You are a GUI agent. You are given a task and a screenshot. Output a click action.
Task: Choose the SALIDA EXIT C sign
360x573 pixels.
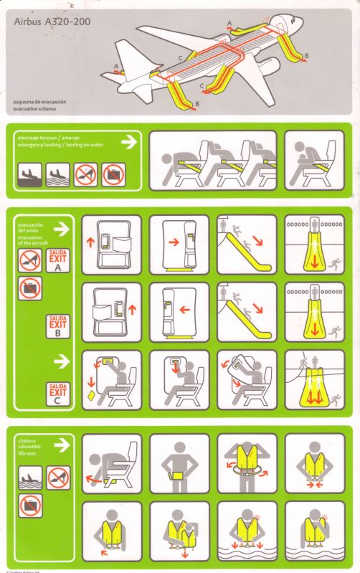pos(57,393)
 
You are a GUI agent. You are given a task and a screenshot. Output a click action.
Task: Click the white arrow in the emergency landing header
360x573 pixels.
pos(128,142)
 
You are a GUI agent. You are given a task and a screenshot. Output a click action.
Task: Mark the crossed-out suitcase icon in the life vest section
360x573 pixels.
pos(29,506)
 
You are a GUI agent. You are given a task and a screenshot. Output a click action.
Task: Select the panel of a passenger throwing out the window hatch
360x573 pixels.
pos(246,379)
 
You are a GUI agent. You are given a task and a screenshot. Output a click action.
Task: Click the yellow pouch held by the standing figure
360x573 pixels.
pos(179,475)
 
